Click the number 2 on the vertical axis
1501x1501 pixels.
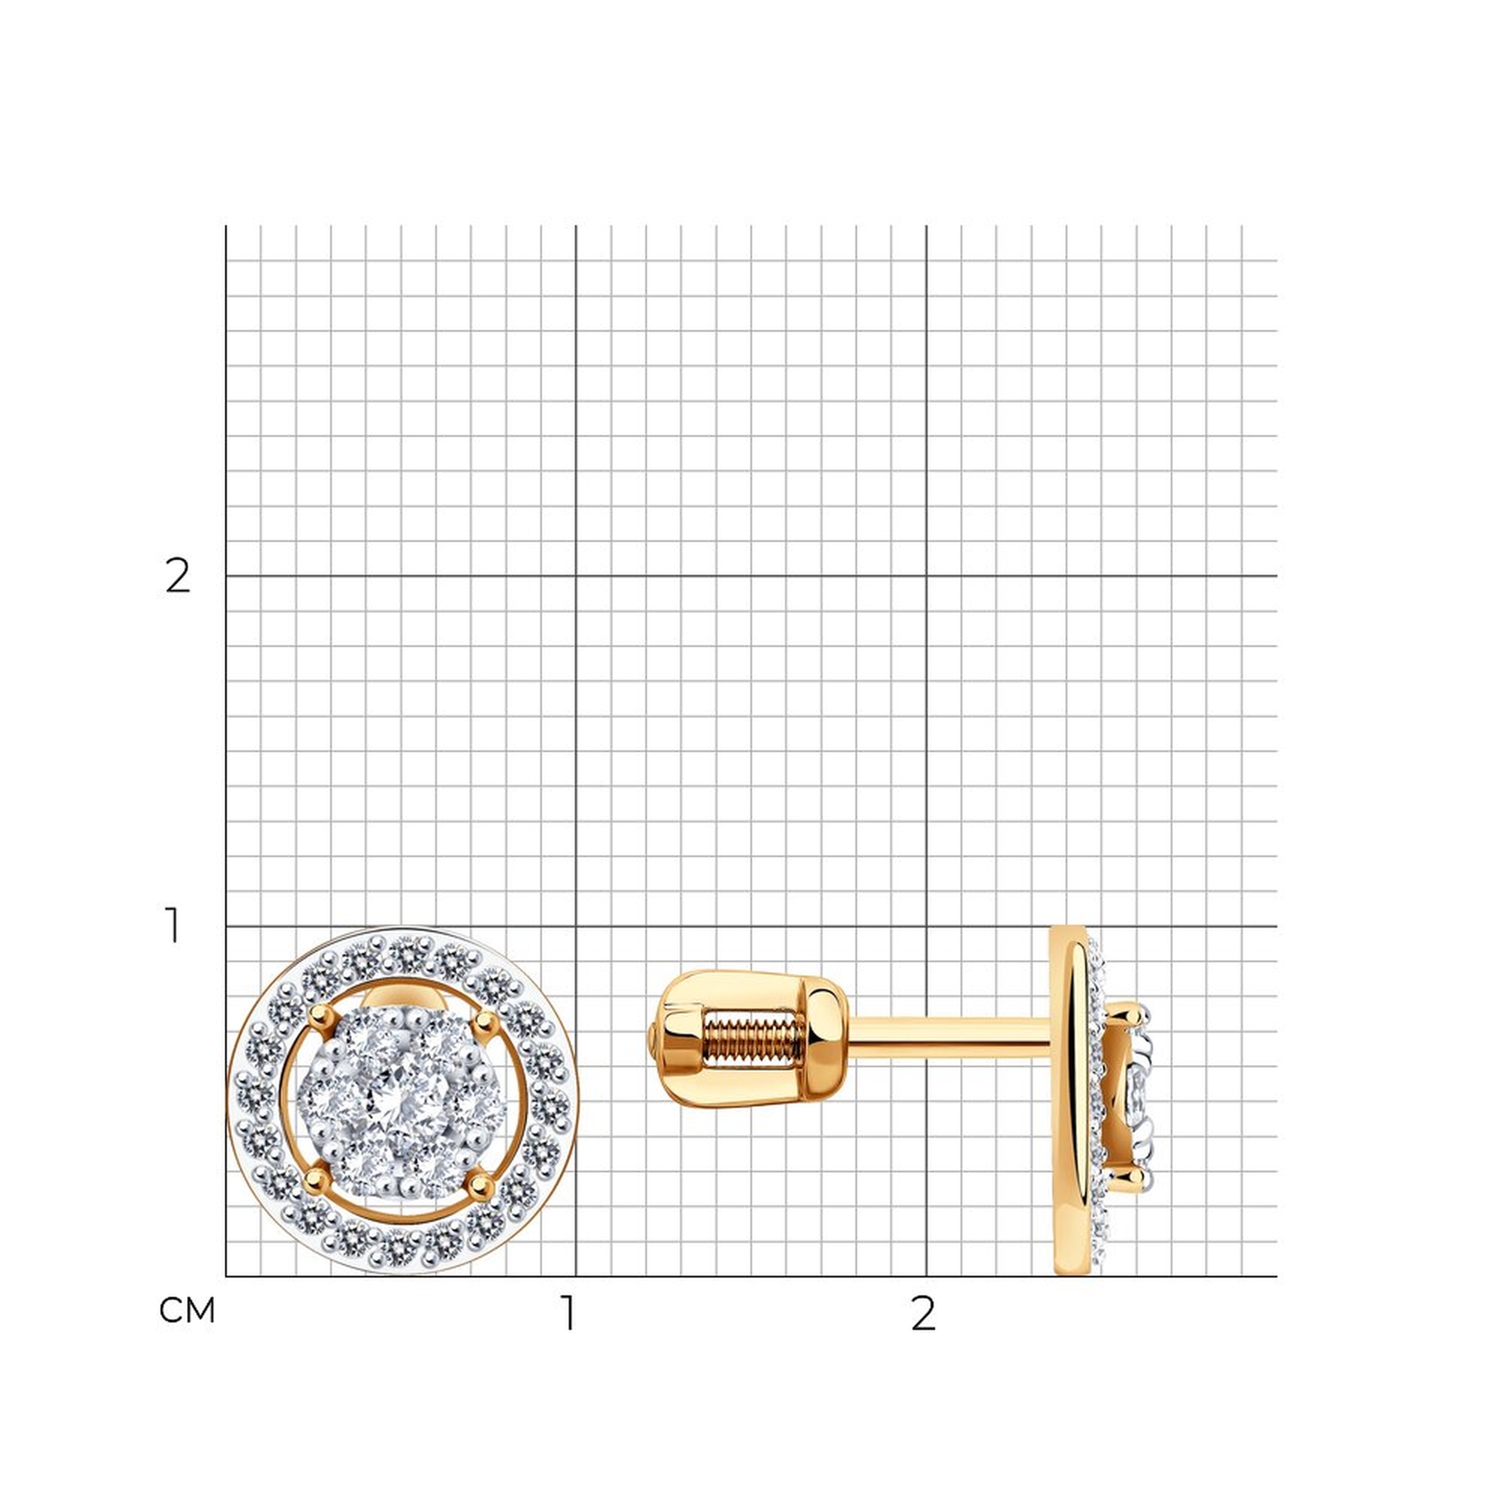pos(178,576)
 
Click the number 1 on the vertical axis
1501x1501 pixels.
pos(173,926)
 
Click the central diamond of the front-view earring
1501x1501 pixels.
pos(402,1101)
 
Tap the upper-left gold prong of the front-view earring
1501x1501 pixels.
pos(318,1014)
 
